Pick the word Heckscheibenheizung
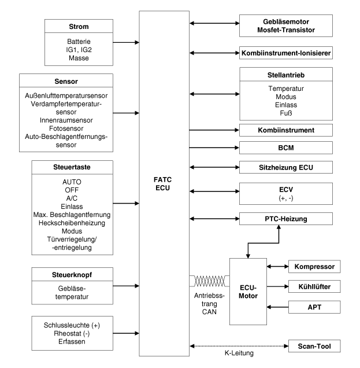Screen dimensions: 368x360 (x=80, y=223)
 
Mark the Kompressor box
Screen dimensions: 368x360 (x=315, y=267)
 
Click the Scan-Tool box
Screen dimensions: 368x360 (x=315, y=347)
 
